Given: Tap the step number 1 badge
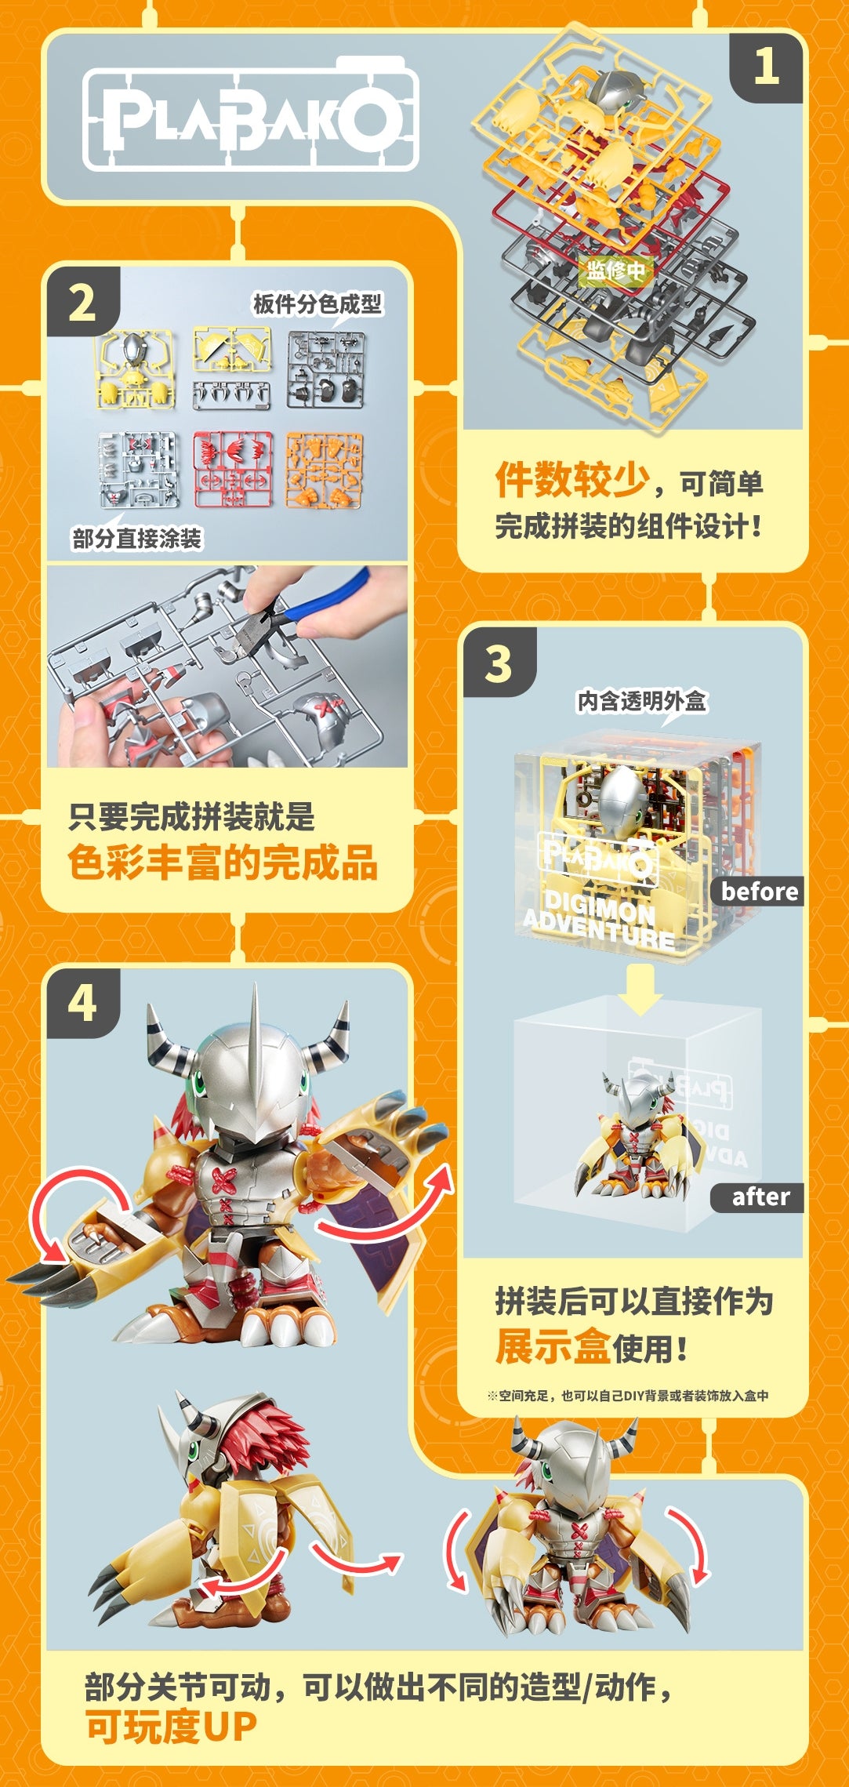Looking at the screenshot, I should point(766,67).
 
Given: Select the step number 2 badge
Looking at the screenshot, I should point(82,303).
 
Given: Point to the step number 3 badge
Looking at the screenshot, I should point(499,664).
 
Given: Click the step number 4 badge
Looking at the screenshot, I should point(82,1004).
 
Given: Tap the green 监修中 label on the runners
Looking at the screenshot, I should point(616,271).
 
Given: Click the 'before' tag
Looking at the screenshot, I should point(758,892).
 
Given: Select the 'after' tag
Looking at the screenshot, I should point(758,1197).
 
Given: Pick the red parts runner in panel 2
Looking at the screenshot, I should point(233,469).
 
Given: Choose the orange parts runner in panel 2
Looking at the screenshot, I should point(324,469).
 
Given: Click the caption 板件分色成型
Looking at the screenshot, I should point(317,304).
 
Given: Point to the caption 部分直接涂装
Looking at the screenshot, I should point(137,539).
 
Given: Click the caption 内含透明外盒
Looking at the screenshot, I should point(641,701).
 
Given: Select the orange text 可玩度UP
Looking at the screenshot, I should point(171,1727).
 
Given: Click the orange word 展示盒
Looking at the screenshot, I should point(553,1347).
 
